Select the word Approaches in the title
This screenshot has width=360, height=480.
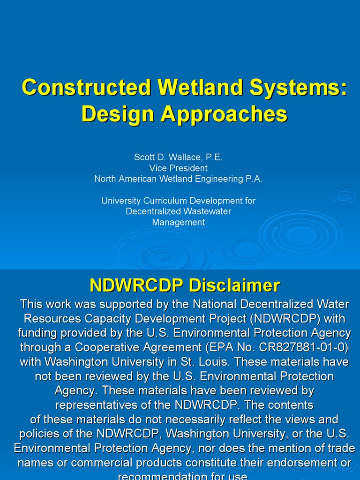[x=224, y=114]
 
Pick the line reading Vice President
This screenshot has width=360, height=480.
[x=178, y=168]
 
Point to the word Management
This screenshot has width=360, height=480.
[x=178, y=222]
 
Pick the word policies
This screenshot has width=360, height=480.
[x=37, y=434]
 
